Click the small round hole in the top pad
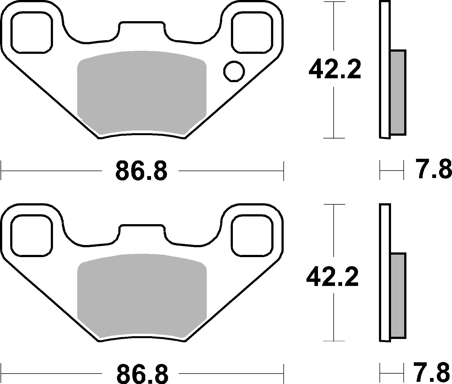point(234,71)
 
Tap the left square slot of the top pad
point(32,32)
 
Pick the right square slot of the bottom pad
point(252,235)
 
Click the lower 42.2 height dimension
point(332,277)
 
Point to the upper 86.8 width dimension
point(141,171)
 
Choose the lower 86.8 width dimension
point(142,373)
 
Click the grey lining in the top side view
point(398,92)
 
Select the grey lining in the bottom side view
point(398,296)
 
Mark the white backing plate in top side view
point(385,69)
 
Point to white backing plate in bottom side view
point(385,272)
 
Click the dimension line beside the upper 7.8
point(392,171)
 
